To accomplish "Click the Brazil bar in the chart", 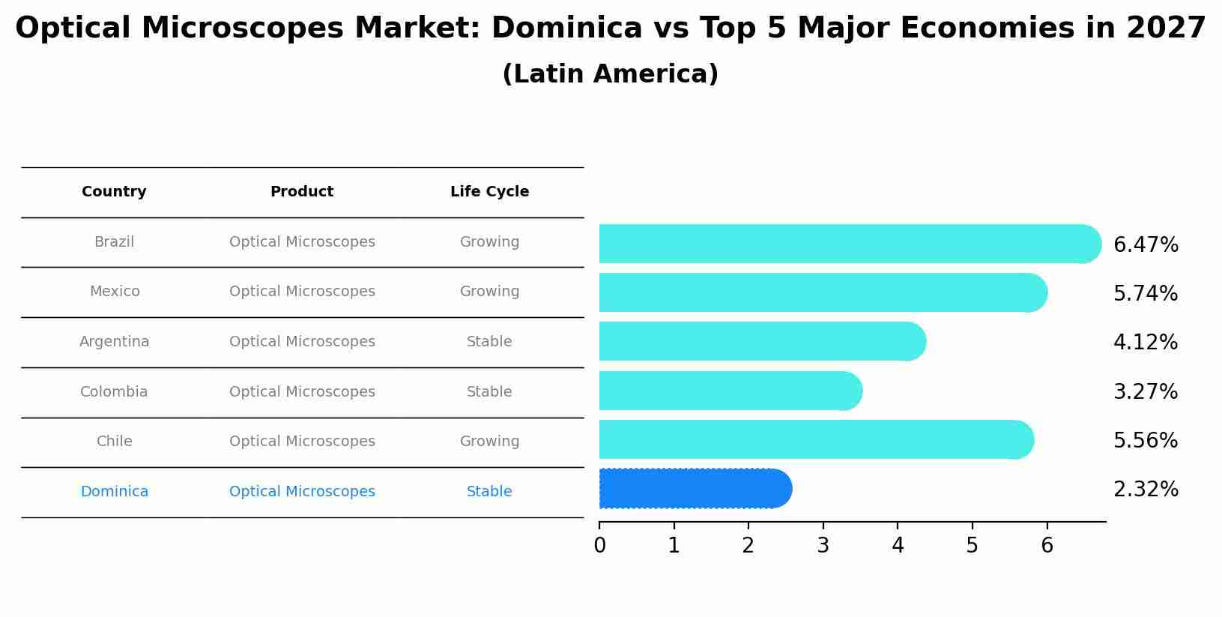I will (x=847, y=244).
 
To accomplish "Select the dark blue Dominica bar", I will (x=693, y=489).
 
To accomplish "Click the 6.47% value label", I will (x=1146, y=245).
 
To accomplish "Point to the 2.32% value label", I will (x=1146, y=490).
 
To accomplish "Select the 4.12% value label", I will (x=1146, y=343).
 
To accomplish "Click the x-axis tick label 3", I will (x=823, y=546).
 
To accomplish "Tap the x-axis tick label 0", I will (x=599, y=546).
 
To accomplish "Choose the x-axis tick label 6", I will (x=1047, y=546).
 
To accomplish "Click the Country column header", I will (x=114, y=192).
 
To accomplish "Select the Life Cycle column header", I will (x=489, y=192).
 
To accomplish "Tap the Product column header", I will (x=302, y=192).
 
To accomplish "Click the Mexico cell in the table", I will (x=115, y=292).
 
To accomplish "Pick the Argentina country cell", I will (x=115, y=342).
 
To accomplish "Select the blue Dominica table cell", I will (x=115, y=492).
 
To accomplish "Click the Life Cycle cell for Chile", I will (x=489, y=442).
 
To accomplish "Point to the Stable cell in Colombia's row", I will (x=489, y=392).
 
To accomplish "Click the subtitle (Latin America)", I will (x=610, y=74).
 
